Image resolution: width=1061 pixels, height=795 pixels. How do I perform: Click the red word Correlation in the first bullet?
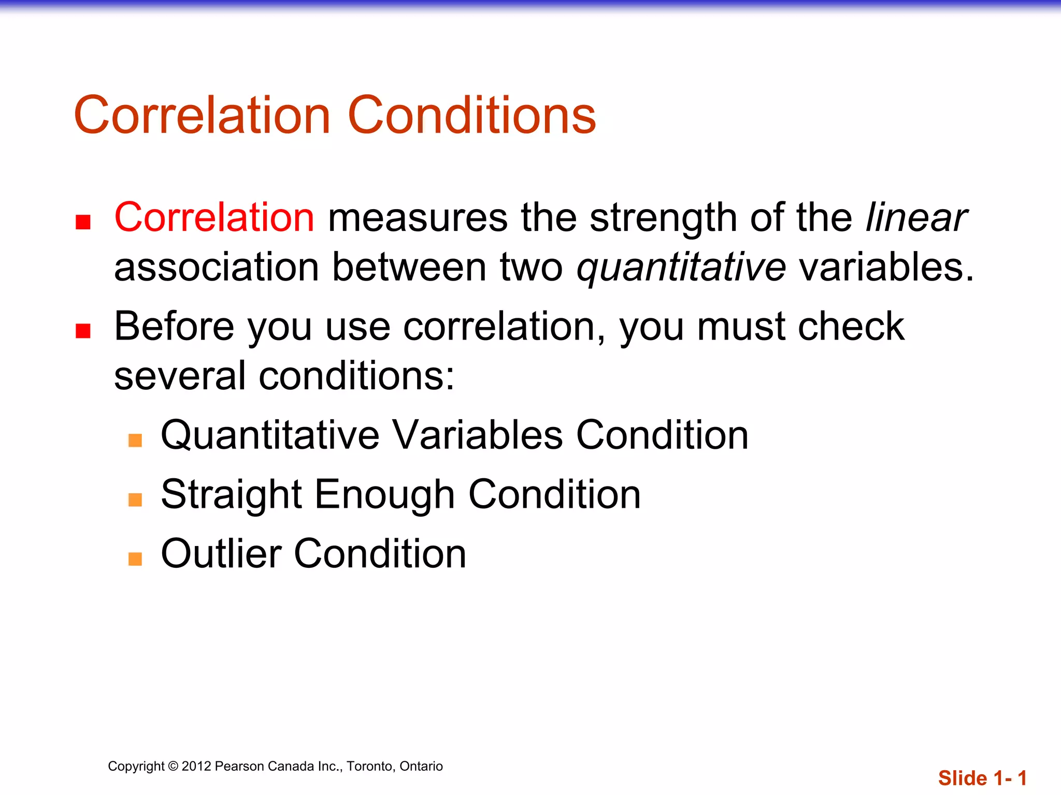214,217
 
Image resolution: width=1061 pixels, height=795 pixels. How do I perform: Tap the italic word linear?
915,217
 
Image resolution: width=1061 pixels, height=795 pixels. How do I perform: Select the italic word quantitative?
681,268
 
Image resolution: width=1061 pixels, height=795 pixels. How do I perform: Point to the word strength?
663,218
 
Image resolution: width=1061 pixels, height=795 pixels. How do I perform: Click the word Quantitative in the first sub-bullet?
270,435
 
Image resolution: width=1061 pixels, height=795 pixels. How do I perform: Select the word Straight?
231,495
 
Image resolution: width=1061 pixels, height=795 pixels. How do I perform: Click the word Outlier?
221,554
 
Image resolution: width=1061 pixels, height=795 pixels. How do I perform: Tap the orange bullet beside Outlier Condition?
135,559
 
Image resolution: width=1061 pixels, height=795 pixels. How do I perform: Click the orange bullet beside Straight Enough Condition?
135,499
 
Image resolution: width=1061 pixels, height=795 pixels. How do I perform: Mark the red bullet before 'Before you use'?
83,331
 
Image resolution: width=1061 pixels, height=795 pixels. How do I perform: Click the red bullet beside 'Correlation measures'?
83,222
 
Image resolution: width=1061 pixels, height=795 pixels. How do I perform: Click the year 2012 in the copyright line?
196,766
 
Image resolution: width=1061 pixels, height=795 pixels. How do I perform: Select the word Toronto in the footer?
369,766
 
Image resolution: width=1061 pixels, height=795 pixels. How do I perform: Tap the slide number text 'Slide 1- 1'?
982,778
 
